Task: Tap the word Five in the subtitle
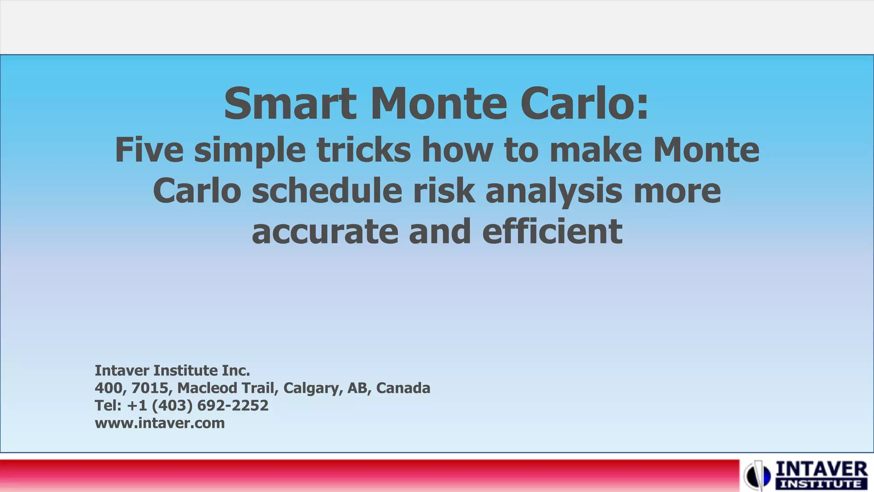(149, 150)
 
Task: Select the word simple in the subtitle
(250, 150)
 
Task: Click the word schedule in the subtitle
(326, 191)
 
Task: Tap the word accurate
(325, 231)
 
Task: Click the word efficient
(552, 231)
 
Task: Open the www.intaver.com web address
(160, 423)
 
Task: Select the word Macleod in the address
(207, 388)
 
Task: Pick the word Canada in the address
(403, 388)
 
